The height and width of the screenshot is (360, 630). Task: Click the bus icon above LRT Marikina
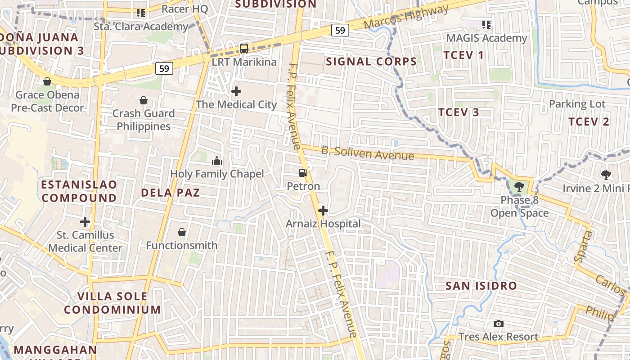coord(243,48)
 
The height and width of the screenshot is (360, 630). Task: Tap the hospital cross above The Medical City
coord(236,91)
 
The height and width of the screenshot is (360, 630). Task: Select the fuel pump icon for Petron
coord(303,172)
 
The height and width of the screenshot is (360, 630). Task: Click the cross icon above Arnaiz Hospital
coord(323,210)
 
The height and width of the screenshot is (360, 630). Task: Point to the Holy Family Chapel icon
coord(216,160)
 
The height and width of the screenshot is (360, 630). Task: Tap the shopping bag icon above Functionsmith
coord(182,232)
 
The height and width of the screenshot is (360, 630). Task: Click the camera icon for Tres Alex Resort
coord(498,324)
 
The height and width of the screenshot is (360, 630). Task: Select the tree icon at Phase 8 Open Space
coord(519,186)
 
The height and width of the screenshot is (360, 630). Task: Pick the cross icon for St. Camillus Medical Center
coord(85,221)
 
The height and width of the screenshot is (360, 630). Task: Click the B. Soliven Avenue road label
coord(367,153)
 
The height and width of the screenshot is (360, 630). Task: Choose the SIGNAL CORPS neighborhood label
coord(371,62)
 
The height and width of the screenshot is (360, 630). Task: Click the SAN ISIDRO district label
coord(481,286)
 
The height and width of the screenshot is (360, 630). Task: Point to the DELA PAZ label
coord(170,193)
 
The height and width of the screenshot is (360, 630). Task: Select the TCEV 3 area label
coord(459,112)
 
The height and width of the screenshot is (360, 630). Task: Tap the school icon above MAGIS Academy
coord(486,24)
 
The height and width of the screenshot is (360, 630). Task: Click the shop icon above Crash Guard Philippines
coord(144,100)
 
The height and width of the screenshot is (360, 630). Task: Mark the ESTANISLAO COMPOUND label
coord(79,191)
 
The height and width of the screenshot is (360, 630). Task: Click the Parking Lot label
coord(577,104)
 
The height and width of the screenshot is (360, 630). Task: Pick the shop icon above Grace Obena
coord(47,81)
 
